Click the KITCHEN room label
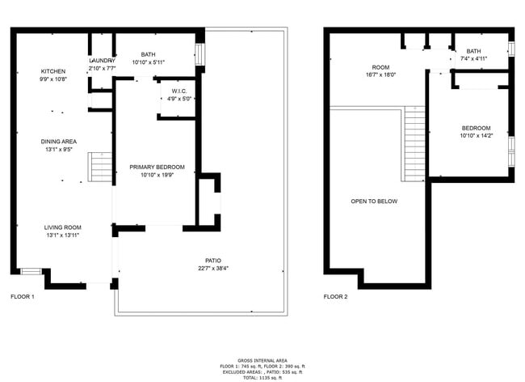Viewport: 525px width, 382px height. pos(52,71)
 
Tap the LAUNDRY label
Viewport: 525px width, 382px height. pos(102,61)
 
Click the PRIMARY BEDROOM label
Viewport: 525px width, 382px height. pos(157,168)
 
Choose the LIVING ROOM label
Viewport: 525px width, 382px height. pos(63,227)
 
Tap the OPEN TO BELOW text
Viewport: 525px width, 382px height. pos(374,202)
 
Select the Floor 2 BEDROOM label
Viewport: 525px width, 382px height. pos(476,128)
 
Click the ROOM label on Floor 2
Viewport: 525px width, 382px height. pos(380,66)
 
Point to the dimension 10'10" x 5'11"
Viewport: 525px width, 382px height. pos(148,62)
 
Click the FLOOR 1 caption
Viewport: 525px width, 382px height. pos(23,297)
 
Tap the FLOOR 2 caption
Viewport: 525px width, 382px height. pos(335,297)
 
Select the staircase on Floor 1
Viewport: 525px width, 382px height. pos(101,168)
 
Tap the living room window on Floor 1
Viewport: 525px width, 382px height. pos(31,271)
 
